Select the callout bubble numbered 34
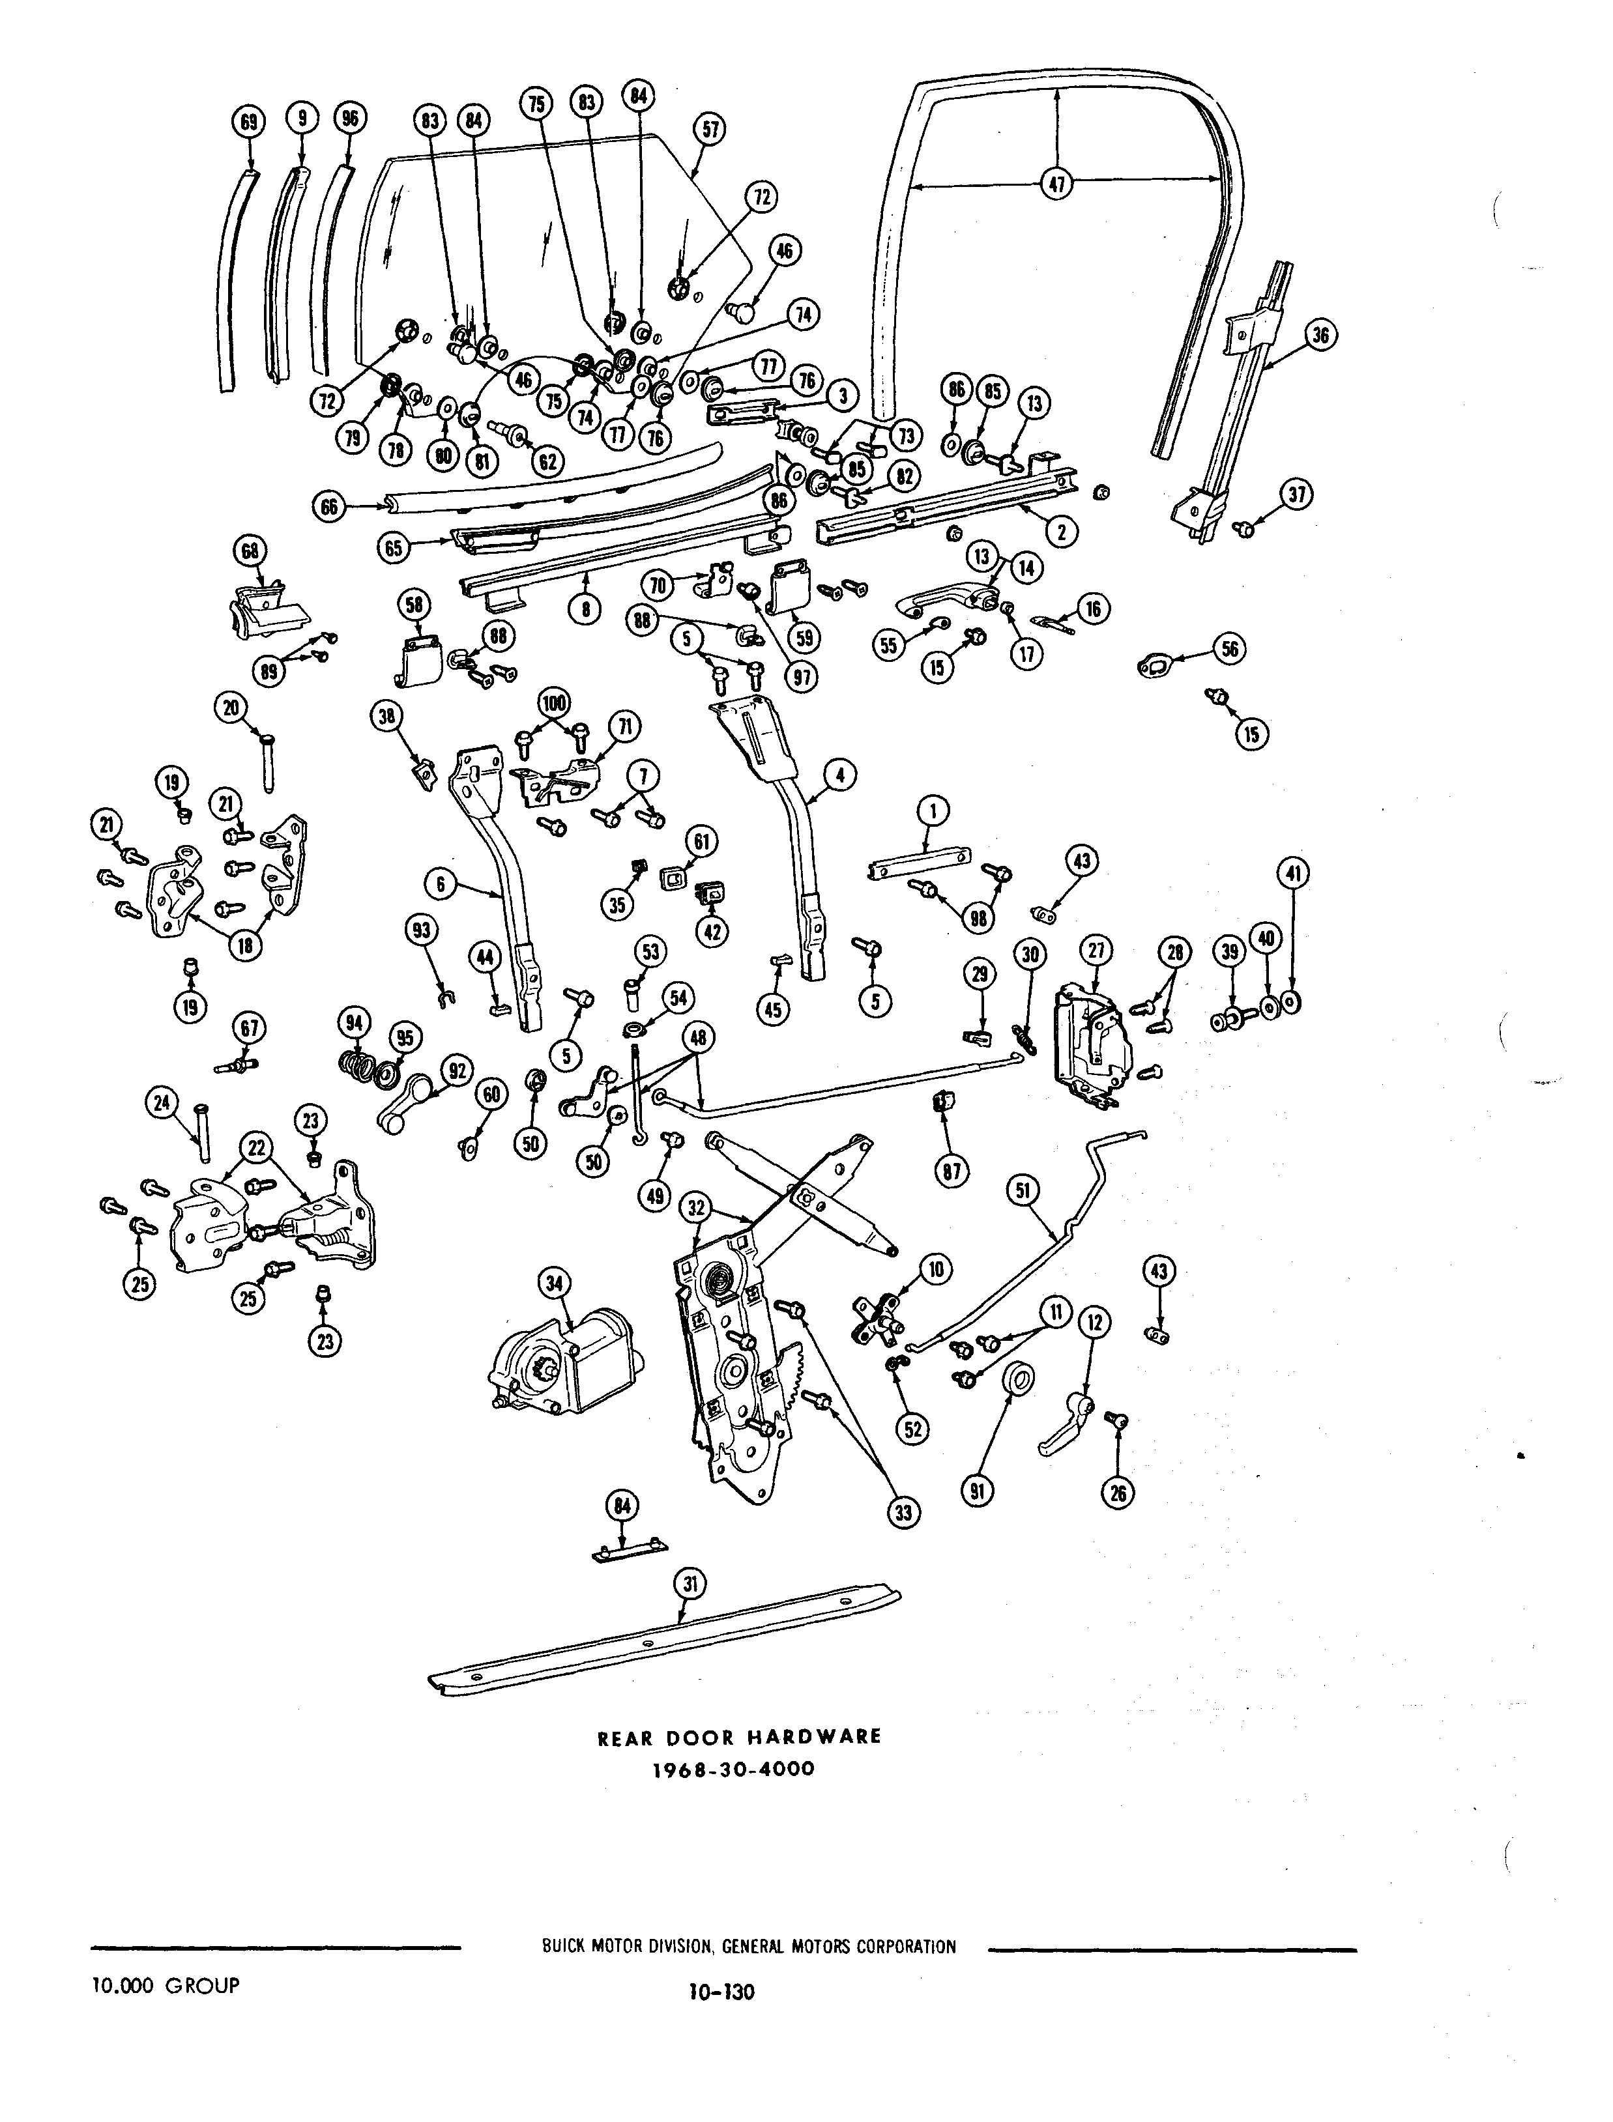pyautogui.click(x=557, y=1283)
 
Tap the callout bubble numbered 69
pyautogui.click(x=250, y=121)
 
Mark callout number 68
pyautogui.click(x=251, y=551)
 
